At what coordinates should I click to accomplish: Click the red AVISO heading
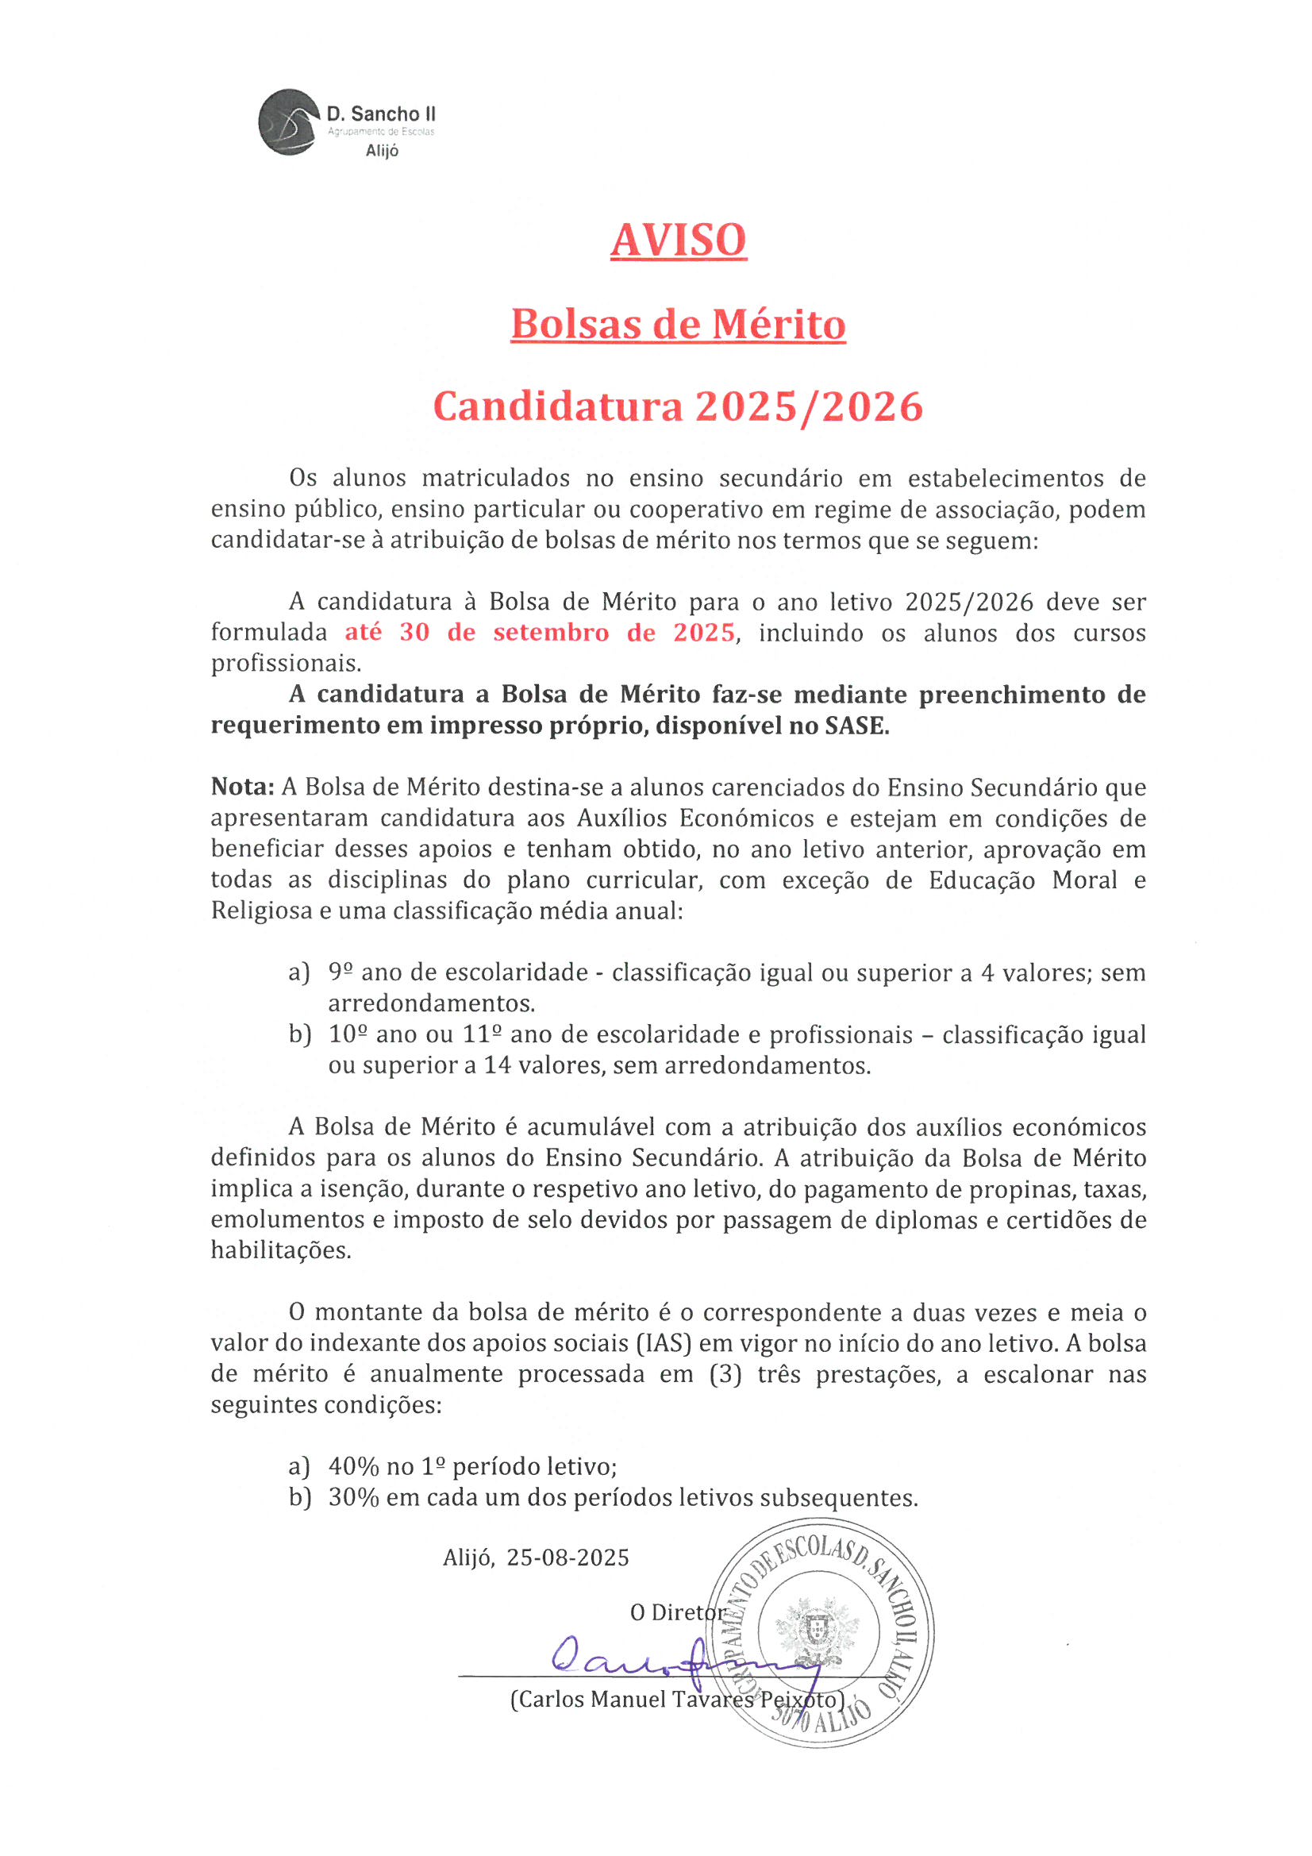click(x=679, y=240)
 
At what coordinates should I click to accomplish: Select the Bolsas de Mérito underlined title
click(x=679, y=324)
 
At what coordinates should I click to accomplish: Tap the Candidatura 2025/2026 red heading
click(x=679, y=406)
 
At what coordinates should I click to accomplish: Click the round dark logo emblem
click(x=289, y=122)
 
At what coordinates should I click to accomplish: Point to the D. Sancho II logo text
click(x=381, y=115)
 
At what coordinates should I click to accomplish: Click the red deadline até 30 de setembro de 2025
click(x=540, y=632)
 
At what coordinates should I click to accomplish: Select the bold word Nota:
click(x=243, y=787)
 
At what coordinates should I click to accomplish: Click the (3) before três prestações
click(x=725, y=1374)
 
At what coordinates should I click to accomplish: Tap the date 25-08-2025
click(x=568, y=1558)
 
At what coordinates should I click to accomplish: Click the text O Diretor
click(x=677, y=1612)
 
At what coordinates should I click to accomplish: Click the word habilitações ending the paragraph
click(x=280, y=1250)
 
